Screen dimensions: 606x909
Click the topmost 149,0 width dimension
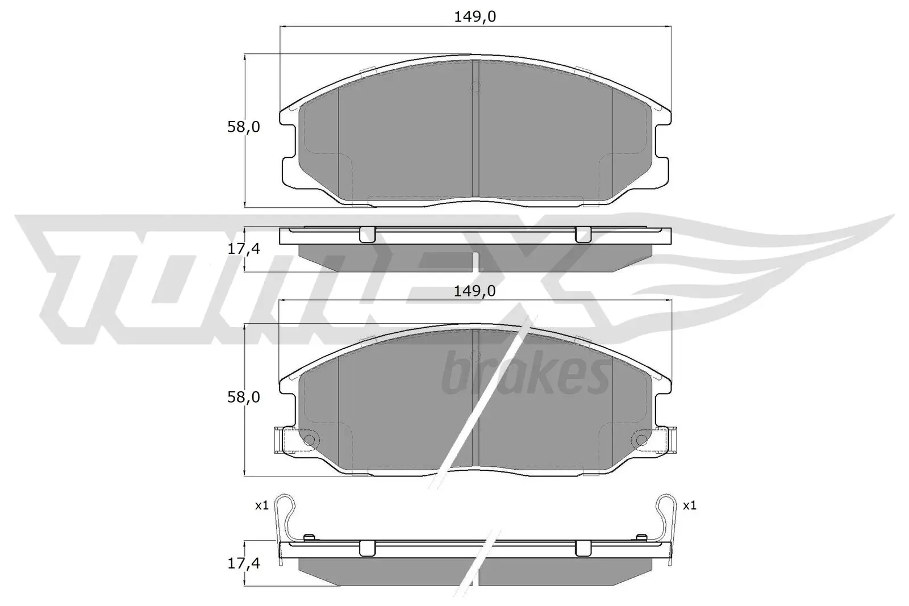point(474,17)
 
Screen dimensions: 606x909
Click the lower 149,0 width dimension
point(474,291)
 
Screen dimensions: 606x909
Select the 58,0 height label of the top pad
point(243,127)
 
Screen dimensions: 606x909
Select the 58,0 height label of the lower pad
point(243,398)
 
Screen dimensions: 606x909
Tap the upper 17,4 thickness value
point(243,248)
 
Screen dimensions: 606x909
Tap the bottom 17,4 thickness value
point(243,563)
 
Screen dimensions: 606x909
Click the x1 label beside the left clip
point(261,505)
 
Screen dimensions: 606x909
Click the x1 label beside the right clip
point(689,505)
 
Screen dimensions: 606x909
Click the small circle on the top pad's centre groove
point(476,87)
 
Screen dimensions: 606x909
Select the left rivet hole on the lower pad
point(309,440)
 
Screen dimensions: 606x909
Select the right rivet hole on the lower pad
point(640,440)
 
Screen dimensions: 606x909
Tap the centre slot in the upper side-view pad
point(476,261)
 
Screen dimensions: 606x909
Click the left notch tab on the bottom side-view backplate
point(368,548)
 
